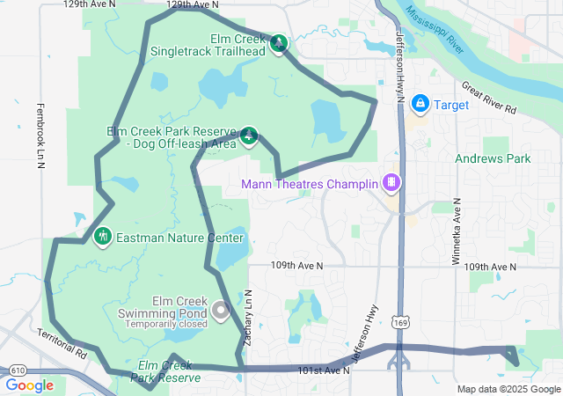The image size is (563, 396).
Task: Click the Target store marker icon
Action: click(x=420, y=105)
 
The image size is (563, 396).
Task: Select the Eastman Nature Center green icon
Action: click(x=103, y=237)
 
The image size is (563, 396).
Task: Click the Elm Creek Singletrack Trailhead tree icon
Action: click(x=279, y=43)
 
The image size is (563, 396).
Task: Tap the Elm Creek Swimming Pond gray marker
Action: click(x=220, y=311)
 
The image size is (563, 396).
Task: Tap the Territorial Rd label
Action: click(x=63, y=343)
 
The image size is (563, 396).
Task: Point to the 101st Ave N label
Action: click(x=323, y=370)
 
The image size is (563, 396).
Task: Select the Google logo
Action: click(x=29, y=385)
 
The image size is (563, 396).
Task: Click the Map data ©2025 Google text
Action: click(x=508, y=390)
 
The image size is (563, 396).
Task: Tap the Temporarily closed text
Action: click(x=165, y=324)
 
